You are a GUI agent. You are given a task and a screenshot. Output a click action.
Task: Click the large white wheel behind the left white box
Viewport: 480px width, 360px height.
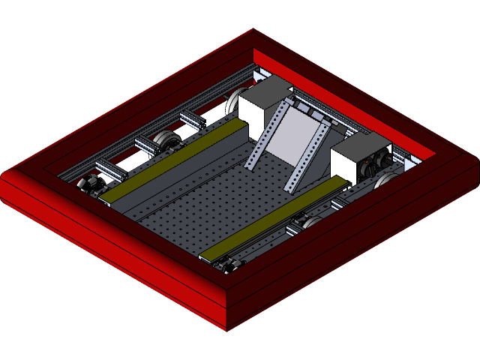tap(238, 101)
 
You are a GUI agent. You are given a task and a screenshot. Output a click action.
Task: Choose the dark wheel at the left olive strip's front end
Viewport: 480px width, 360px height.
tap(91, 183)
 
